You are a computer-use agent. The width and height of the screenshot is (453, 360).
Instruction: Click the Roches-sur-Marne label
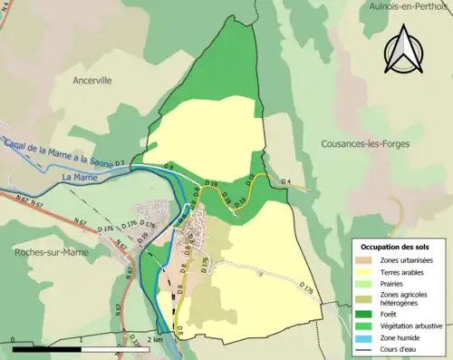(46, 255)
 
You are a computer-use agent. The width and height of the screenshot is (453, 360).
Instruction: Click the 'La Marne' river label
(81, 180)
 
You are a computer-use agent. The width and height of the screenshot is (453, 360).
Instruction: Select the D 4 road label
(285, 182)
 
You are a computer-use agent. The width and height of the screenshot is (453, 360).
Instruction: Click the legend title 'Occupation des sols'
(396, 246)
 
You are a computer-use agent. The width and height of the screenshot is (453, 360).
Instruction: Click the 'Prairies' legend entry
(396, 283)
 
